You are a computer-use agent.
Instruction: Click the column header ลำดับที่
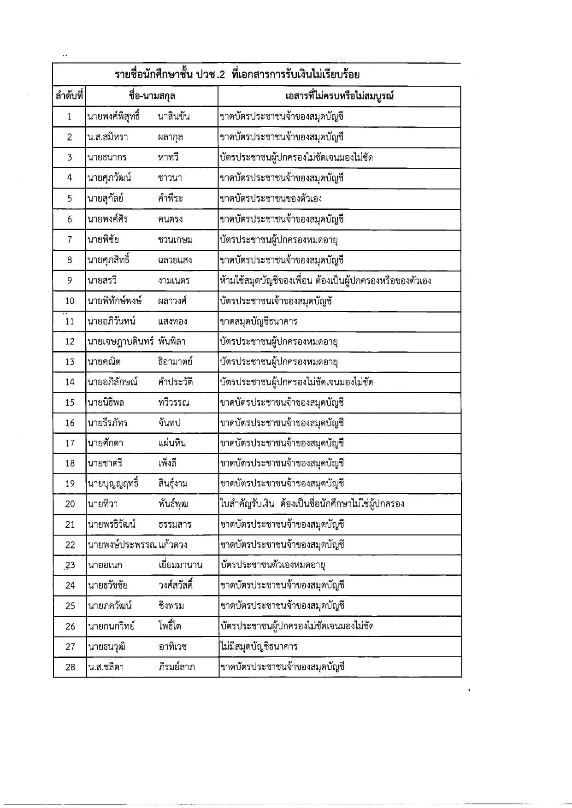click(69, 96)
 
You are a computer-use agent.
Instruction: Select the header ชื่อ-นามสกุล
click(152, 96)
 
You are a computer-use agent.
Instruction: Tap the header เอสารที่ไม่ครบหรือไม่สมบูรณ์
click(339, 96)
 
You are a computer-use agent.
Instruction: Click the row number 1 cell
click(70, 117)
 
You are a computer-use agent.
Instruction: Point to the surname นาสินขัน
click(173, 117)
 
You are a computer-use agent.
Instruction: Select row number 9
click(70, 281)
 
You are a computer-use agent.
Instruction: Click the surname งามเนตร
click(173, 281)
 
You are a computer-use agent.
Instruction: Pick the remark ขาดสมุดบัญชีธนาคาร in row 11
click(259, 321)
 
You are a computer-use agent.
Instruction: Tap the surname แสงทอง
click(172, 321)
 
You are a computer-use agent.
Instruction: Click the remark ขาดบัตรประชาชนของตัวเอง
click(271, 199)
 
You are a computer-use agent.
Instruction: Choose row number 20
click(70, 504)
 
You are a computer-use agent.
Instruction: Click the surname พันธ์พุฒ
click(173, 504)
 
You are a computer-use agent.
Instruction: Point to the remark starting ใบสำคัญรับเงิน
click(312, 503)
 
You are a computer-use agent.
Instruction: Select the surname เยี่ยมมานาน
click(180, 565)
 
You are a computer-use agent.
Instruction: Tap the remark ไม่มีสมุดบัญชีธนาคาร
click(259, 647)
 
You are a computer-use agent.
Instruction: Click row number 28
click(70, 667)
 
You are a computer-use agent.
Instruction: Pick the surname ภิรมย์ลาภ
click(176, 667)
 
